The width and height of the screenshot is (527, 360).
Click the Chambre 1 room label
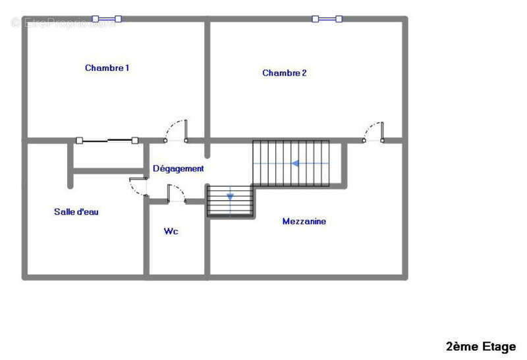click(107, 68)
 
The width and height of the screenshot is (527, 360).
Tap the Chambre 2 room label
click(284, 73)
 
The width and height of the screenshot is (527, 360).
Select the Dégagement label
click(178, 168)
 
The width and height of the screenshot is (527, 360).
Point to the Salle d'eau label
click(76, 212)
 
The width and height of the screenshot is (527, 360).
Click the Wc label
click(171, 232)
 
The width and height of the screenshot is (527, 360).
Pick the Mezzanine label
click(304, 221)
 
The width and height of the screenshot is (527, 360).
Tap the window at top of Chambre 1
click(107, 19)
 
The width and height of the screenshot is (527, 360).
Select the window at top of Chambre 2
click(327, 19)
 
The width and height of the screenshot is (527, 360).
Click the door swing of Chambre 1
click(177, 130)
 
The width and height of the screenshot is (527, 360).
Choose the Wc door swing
click(177, 193)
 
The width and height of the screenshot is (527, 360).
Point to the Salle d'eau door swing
click(138, 187)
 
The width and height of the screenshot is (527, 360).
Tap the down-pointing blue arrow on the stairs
click(230, 196)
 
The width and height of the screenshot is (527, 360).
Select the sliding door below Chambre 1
click(107, 140)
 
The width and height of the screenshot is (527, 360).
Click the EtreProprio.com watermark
click(63, 23)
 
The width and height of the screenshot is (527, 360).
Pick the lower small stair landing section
click(230, 201)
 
